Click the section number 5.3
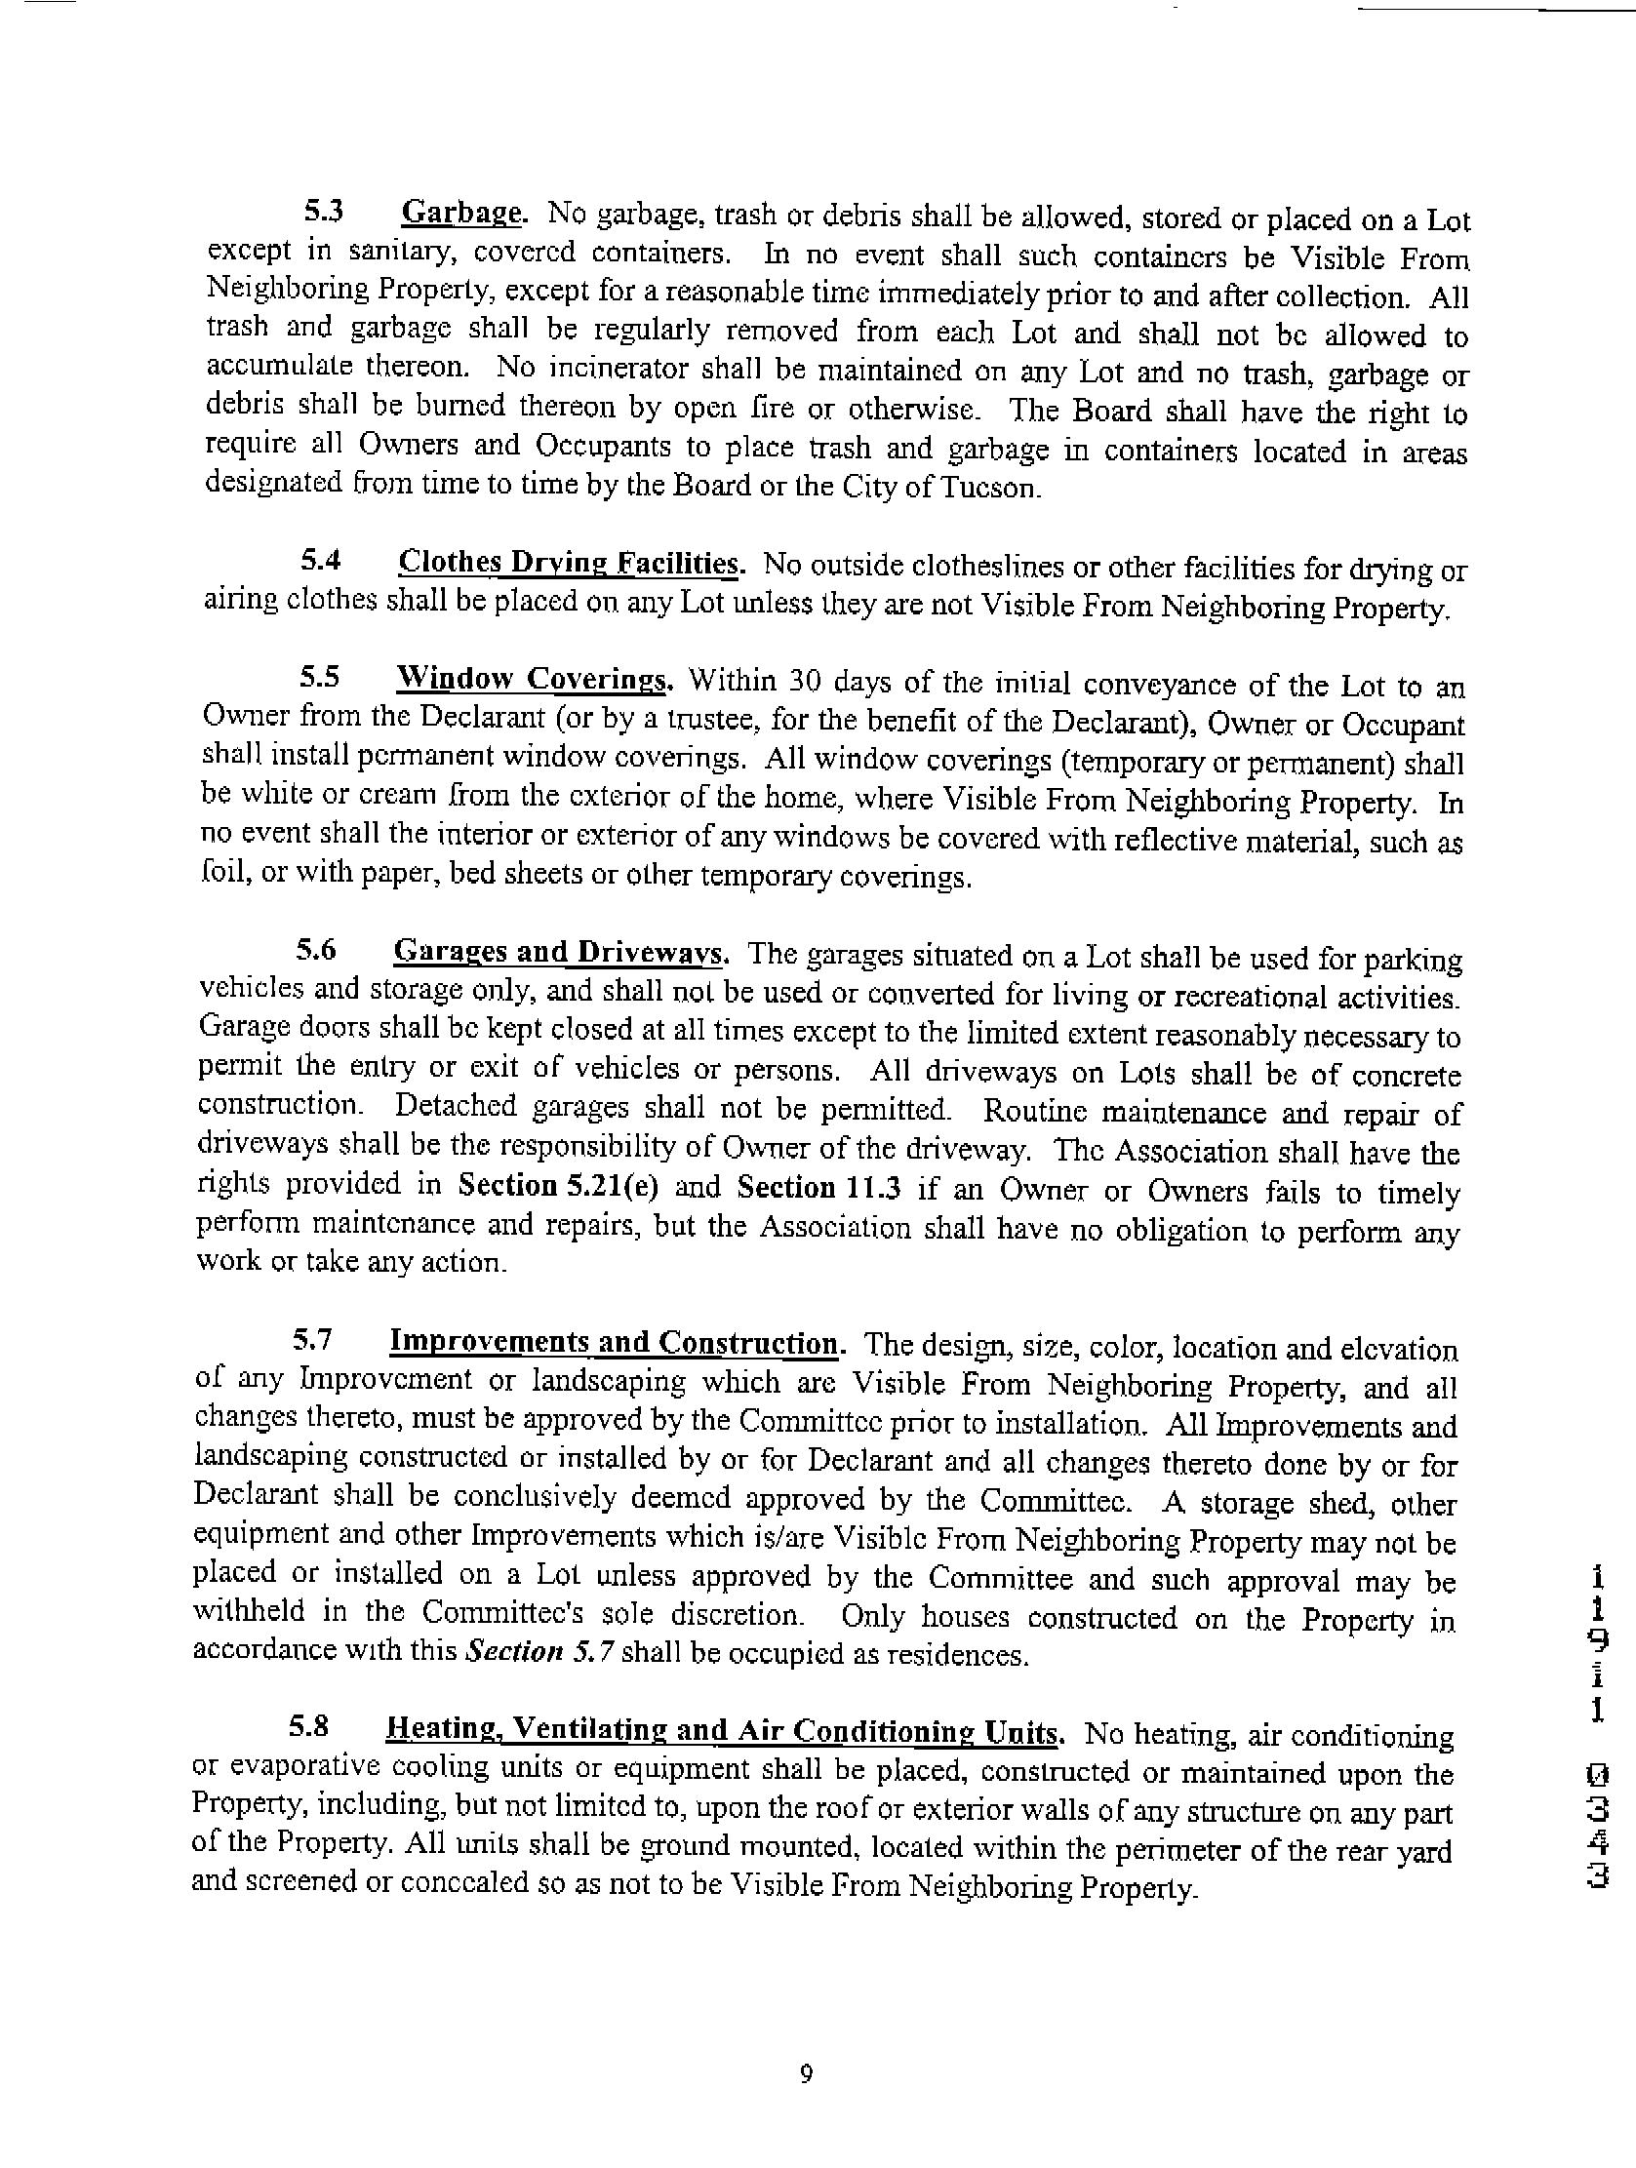pos(323,211)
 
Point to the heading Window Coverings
pos(536,678)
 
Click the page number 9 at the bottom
pos(806,2074)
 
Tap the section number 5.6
pos(317,951)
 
